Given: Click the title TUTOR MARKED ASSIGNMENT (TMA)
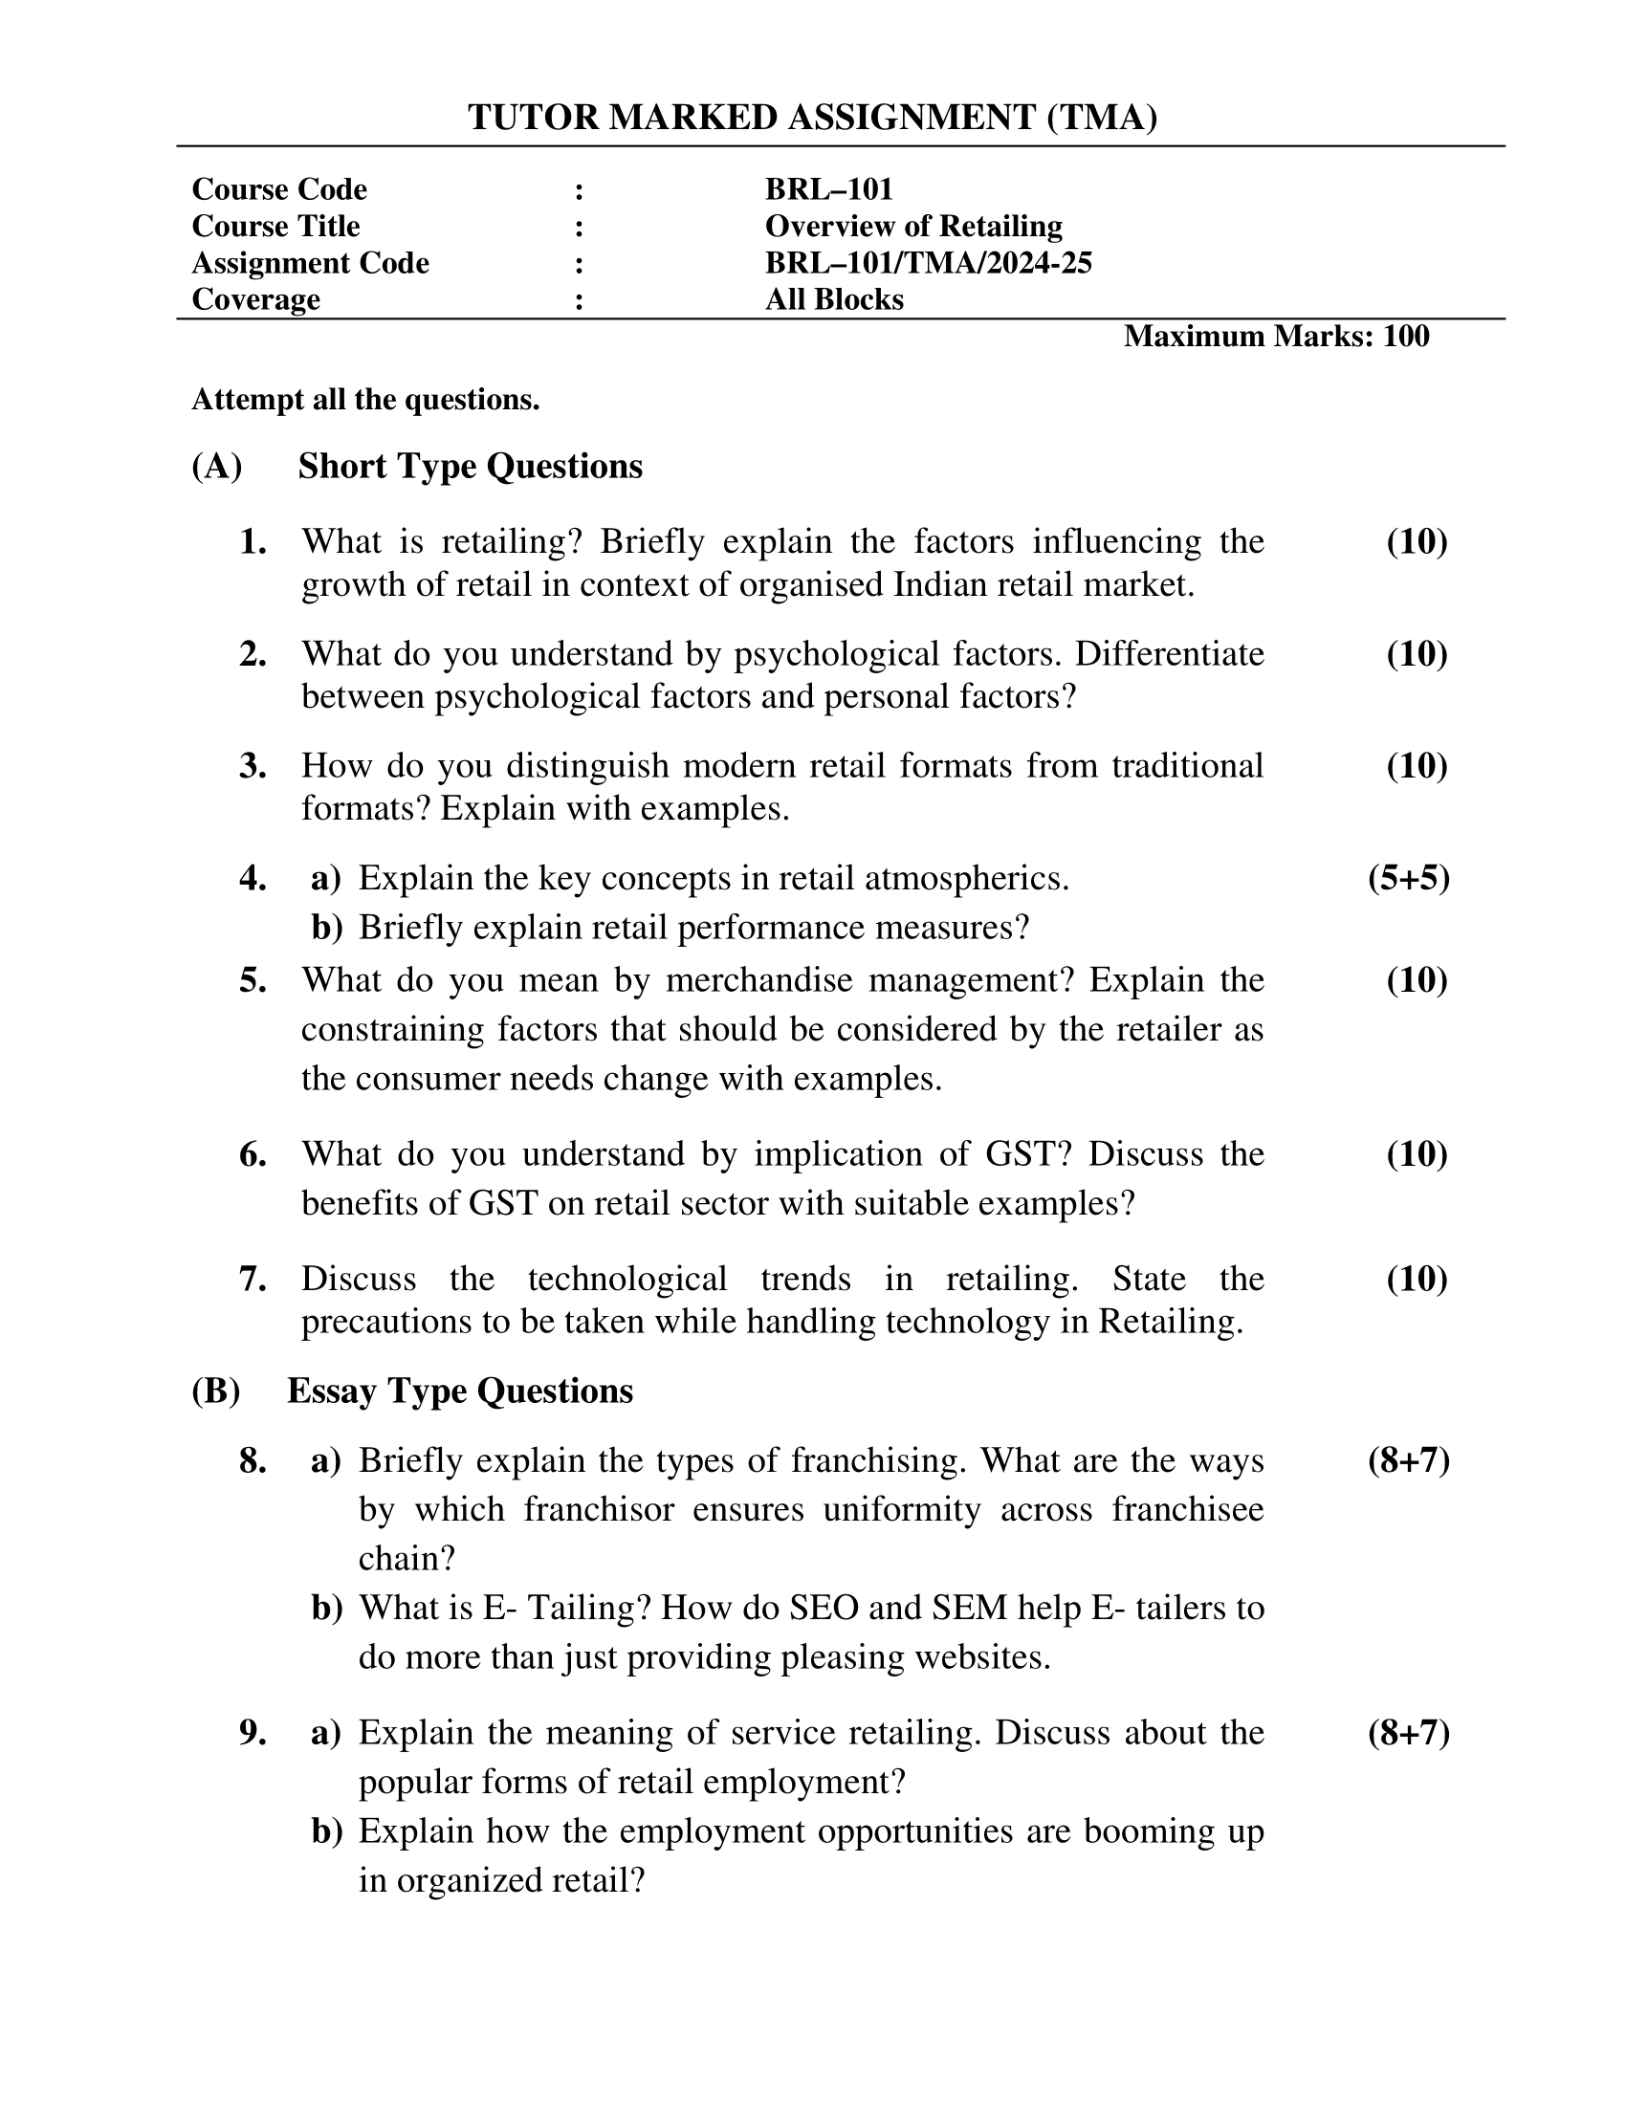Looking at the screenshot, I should click(x=812, y=118).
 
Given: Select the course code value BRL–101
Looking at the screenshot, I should click(x=828, y=188).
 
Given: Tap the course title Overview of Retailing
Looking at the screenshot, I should click(x=913, y=227).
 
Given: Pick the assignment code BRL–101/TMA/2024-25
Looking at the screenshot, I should click(x=928, y=263).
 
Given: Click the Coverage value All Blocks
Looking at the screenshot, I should click(x=834, y=299).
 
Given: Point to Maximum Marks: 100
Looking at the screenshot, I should click(x=1275, y=337).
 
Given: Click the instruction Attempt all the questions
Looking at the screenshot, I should click(x=365, y=399).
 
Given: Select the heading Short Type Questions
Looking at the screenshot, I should click(x=470, y=467).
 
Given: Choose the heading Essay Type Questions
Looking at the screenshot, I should click(x=459, y=1392).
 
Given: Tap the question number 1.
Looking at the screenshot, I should click(x=253, y=542).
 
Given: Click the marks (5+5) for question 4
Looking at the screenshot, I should click(x=1408, y=879).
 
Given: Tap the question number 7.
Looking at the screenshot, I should click(x=253, y=1280).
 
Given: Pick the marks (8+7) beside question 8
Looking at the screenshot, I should click(x=1408, y=1461).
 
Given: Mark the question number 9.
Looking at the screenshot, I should click(x=253, y=1733).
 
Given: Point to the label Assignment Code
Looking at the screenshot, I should click(x=310, y=263).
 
